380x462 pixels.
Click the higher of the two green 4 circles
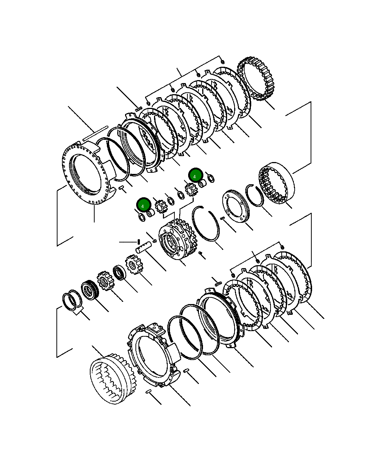pos(195,175)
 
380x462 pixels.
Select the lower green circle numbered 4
pos(143,205)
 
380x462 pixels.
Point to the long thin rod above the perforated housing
pos(95,133)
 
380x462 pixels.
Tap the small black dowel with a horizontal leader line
pos(139,242)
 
